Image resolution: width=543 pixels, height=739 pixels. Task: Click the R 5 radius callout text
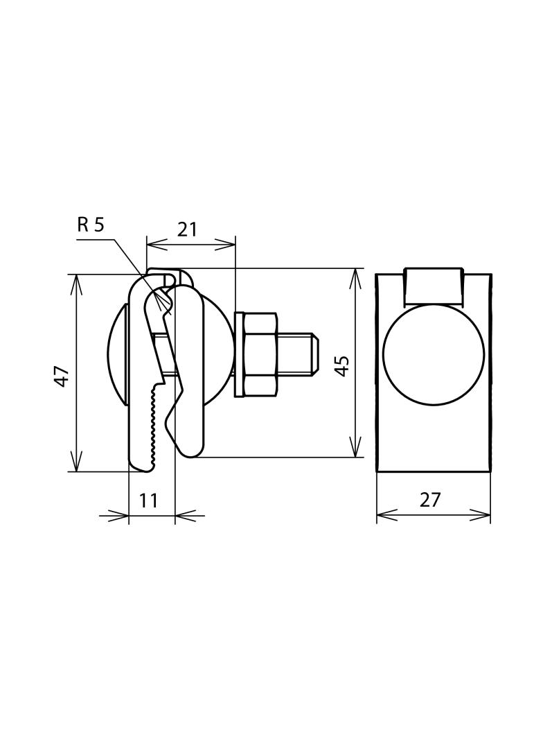91,225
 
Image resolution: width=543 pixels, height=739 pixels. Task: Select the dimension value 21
187,229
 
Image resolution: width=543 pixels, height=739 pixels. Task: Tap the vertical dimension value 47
62,376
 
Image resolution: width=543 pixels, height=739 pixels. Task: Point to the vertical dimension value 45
341,365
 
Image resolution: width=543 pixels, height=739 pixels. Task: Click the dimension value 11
148,501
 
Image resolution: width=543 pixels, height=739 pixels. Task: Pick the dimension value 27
430,499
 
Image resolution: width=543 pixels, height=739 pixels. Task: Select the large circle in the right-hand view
434,354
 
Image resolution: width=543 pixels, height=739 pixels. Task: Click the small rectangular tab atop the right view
434,286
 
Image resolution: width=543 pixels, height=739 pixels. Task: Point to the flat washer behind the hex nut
238,354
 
